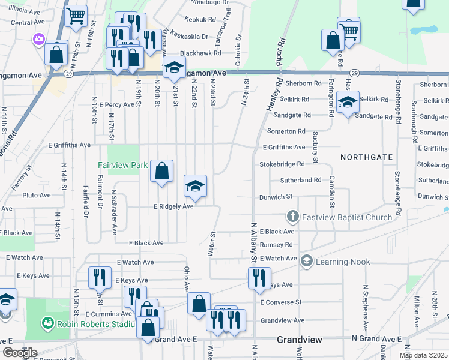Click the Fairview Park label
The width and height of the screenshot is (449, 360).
tap(123, 164)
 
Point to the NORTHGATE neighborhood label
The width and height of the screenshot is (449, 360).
tap(367, 157)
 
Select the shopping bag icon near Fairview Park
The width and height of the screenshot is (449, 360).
tap(162, 171)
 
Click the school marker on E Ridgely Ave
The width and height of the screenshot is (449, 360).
tap(195, 187)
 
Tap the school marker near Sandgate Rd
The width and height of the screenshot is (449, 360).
tap(348, 103)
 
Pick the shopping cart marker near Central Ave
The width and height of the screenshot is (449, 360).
tap(76, 17)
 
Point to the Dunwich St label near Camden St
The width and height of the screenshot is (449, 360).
tap(275, 196)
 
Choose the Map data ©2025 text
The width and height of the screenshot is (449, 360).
tap(423, 355)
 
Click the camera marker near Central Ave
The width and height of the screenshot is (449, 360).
tap(40, 38)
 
